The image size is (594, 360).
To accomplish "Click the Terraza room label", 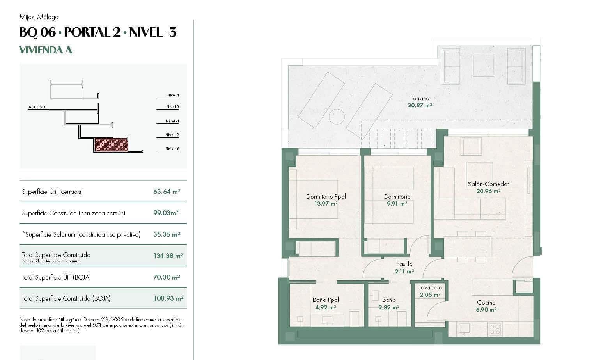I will [420, 98].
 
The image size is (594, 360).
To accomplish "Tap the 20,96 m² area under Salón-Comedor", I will [488, 191].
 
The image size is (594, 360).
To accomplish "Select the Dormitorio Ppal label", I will [326, 197].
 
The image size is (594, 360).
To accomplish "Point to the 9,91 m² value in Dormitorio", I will [397, 204].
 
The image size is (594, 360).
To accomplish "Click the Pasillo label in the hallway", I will [404, 264].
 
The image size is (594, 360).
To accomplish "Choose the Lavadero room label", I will [430, 287].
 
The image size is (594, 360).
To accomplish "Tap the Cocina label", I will [486, 303].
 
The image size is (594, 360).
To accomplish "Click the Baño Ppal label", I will [326, 300].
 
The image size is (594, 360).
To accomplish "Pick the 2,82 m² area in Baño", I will [388, 307].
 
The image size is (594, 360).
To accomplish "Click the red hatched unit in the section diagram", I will [112, 145].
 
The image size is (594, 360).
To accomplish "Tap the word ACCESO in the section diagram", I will [37, 107].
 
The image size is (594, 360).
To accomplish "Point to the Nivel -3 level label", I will [172, 149].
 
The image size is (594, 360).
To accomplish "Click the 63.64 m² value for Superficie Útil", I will [167, 192].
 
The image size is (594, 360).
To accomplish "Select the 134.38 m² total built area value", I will [168, 256].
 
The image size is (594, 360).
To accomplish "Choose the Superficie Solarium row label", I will [81, 234].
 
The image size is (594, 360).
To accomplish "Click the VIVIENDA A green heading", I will [46, 50].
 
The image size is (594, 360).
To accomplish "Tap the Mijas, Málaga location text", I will [39, 17].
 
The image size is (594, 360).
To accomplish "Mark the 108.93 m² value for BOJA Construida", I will [168, 298].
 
